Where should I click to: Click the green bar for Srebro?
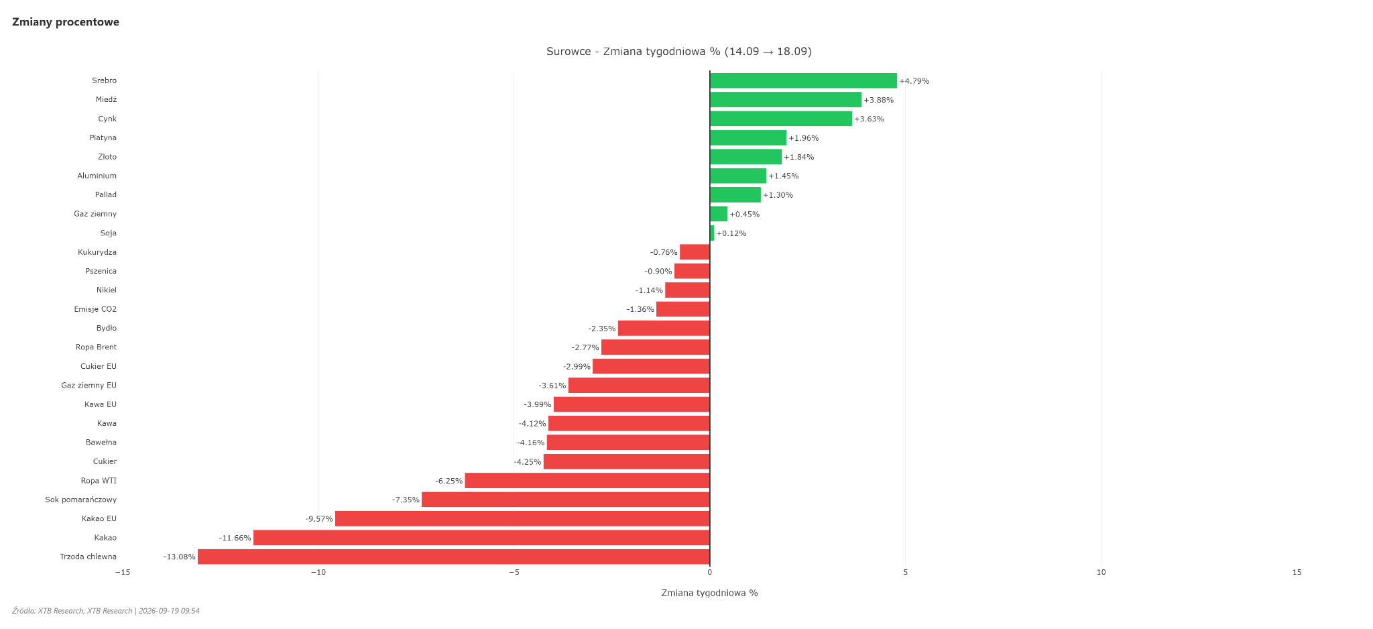(x=803, y=80)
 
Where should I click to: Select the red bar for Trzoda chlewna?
(x=454, y=557)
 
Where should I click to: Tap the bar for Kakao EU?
(x=522, y=518)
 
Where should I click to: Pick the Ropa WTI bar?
(x=587, y=481)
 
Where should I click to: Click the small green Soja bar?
(x=712, y=233)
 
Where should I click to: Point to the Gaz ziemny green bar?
(x=719, y=214)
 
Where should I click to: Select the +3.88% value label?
(x=879, y=100)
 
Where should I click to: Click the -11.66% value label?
(x=235, y=538)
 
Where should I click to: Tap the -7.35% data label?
(x=406, y=500)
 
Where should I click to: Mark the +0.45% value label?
(x=745, y=215)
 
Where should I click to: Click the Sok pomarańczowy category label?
(x=81, y=500)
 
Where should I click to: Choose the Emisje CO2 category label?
(x=95, y=309)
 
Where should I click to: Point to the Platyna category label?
(x=103, y=137)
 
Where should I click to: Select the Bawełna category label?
(x=101, y=443)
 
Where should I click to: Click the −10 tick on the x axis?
(x=318, y=572)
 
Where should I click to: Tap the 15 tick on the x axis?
(x=1297, y=572)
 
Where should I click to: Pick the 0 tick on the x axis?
(x=710, y=572)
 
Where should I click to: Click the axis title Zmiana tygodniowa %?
(x=709, y=593)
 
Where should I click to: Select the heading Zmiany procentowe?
(x=66, y=22)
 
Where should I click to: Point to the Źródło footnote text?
(x=106, y=611)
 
